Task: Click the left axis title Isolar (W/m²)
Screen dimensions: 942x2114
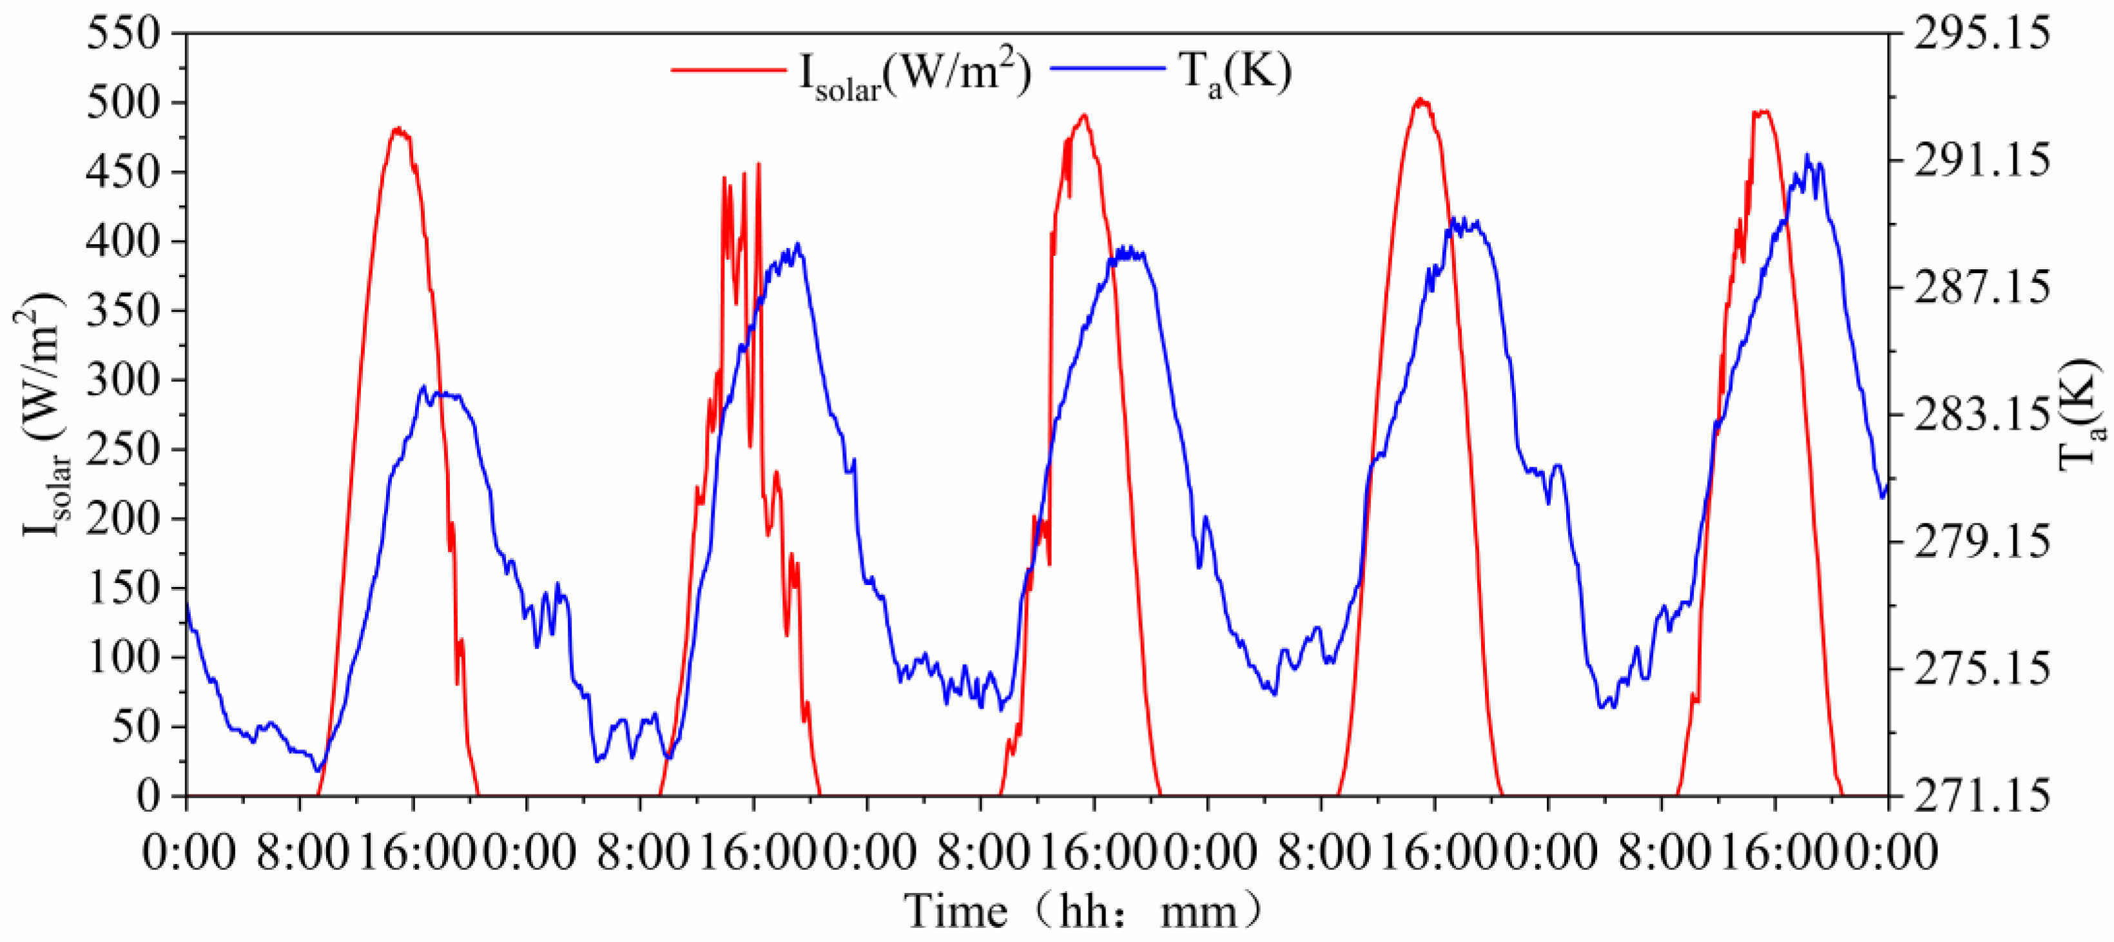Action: click(46, 414)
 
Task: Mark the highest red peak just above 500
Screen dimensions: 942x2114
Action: click(1421, 100)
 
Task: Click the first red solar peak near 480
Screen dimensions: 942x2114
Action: click(398, 129)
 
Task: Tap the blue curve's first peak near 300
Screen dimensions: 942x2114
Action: click(423, 387)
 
